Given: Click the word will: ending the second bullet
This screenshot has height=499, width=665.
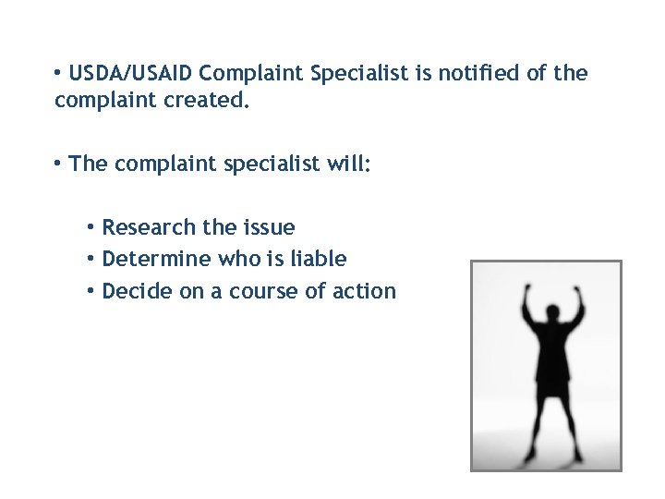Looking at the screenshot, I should [344, 164].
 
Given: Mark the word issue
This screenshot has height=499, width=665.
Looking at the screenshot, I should [268, 227].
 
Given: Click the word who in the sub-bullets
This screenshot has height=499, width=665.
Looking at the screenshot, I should [239, 259].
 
